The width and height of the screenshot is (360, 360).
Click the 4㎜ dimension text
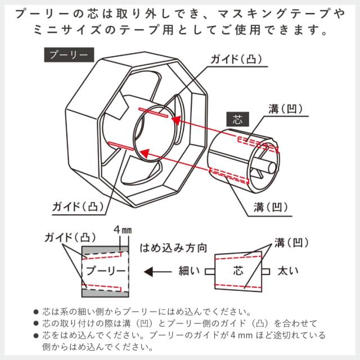click(x=122, y=231)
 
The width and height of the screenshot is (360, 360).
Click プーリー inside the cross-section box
click(x=105, y=271)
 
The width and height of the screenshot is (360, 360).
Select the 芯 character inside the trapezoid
click(x=238, y=271)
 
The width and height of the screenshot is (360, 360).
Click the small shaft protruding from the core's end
click(x=271, y=168)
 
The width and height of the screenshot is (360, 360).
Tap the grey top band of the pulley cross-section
click(x=105, y=250)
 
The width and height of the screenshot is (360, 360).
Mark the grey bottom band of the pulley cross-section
click(x=105, y=291)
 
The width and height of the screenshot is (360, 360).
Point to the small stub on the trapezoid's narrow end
click(x=210, y=271)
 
